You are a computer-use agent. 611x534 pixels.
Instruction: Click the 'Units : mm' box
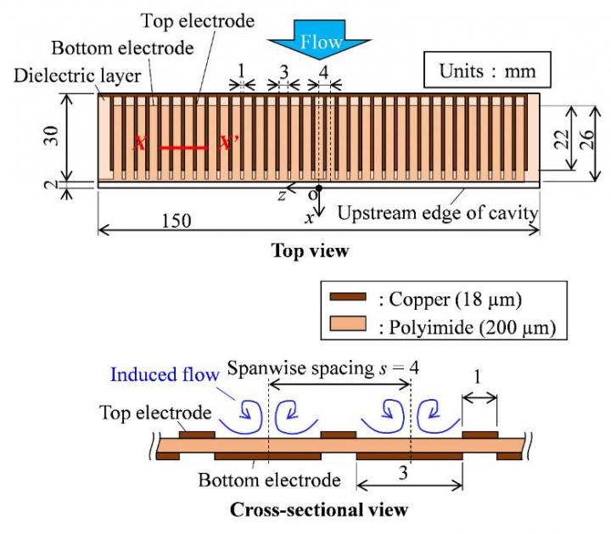click(486, 70)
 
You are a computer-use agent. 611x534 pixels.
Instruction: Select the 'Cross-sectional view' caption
click(319, 510)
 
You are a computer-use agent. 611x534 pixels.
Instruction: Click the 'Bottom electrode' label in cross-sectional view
click(269, 480)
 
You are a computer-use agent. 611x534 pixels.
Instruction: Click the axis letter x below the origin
click(310, 218)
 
